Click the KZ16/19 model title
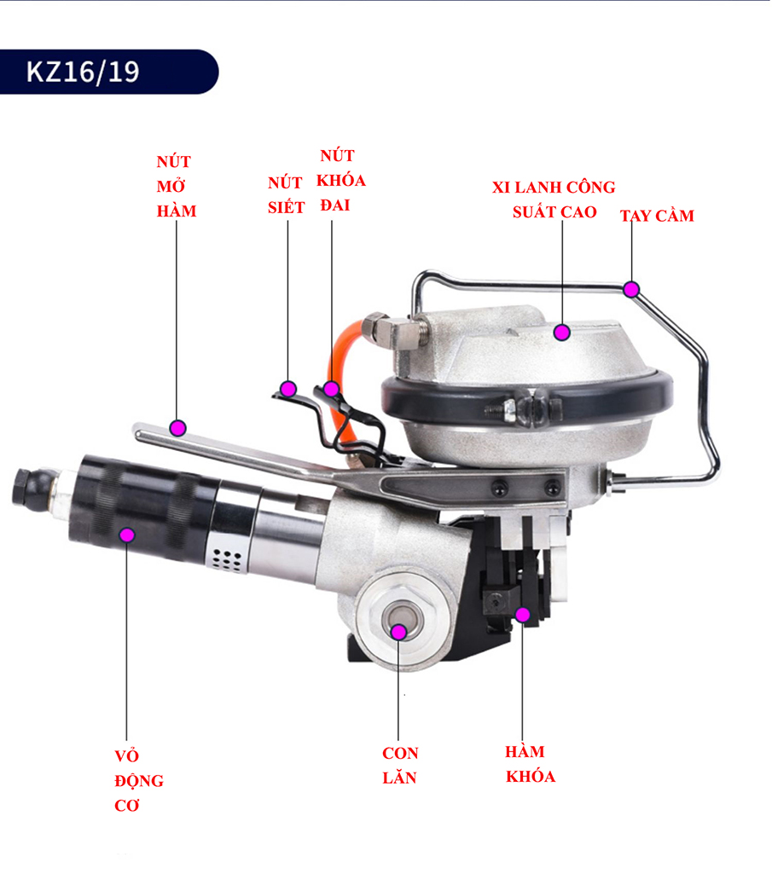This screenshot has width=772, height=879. point(83,72)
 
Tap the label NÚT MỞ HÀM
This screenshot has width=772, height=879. point(177,186)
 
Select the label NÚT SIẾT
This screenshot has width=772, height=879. point(286,195)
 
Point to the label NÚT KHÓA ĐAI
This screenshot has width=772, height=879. point(340,180)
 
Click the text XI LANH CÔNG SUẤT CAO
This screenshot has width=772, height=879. point(554,200)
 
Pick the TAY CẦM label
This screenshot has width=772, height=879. point(657,216)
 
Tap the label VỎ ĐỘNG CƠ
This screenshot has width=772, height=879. point(138,780)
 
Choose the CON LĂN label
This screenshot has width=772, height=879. point(400,766)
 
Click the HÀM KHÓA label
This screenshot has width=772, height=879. point(530,764)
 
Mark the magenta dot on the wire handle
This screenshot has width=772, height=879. point(631,289)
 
